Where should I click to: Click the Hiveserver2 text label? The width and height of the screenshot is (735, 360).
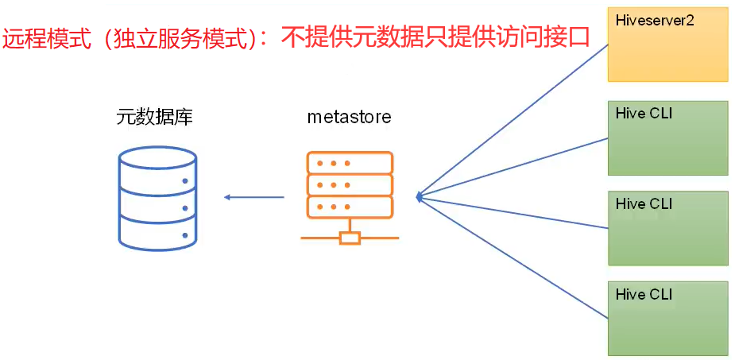tap(654, 21)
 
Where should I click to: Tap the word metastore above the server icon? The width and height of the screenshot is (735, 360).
tap(349, 117)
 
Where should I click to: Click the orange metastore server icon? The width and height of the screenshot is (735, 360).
tap(350, 195)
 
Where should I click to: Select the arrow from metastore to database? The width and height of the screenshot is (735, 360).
tap(254, 196)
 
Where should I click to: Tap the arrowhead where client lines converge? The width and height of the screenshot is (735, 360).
tap(420, 195)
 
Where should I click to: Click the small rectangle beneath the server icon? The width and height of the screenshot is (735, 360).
tap(350, 237)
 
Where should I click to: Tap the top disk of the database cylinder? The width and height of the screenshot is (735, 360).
tap(157, 159)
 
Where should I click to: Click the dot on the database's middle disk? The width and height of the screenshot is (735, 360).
tap(185, 208)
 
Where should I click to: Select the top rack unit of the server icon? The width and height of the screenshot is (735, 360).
tap(350, 164)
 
